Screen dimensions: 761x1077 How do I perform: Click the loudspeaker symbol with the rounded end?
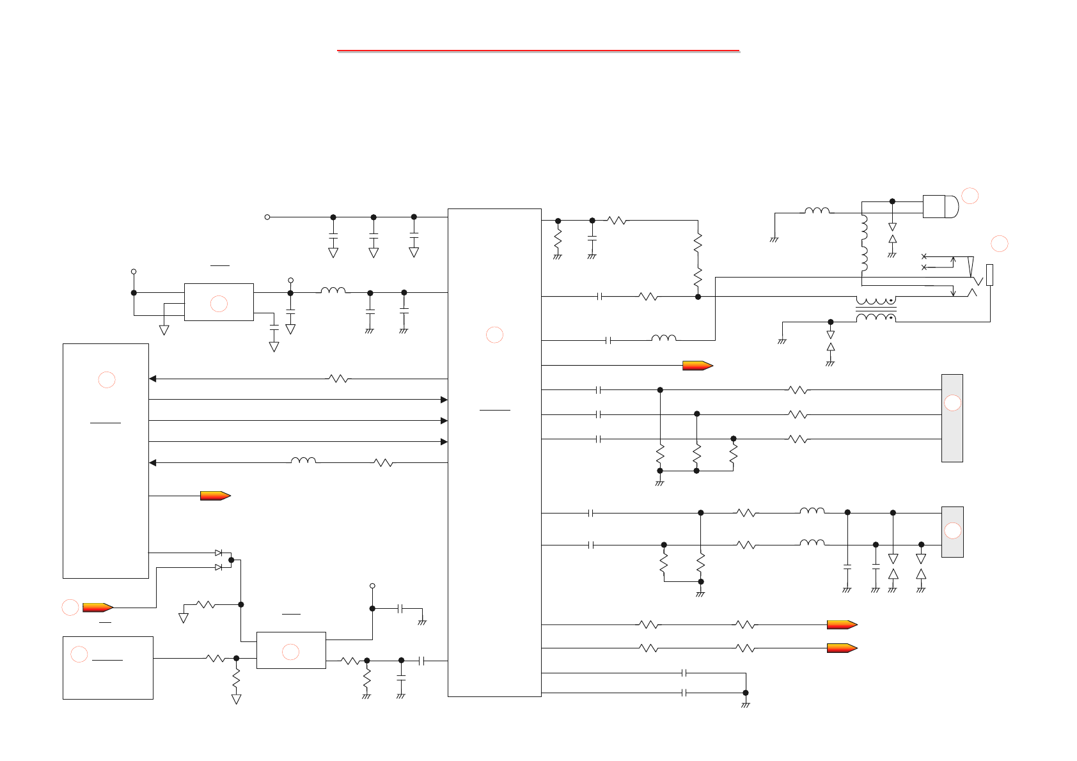(x=940, y=207)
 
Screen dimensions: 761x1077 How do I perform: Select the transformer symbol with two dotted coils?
(x=876, y=310)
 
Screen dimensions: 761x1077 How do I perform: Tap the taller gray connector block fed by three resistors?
(x=952, y=418)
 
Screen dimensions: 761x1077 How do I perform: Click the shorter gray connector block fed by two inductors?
(x=952, y=531)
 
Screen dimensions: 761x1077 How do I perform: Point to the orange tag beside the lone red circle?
(x=98, y=608)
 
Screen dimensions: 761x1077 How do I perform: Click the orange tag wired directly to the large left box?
(x=215, y=496)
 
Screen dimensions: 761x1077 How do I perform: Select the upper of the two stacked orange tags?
(x=842, y=625)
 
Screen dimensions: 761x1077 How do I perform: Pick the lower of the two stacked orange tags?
(x=842, y=648)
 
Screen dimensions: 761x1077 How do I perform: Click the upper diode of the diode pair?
(x=219, y=553)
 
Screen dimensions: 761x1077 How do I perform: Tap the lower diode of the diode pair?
(x=219, y=567)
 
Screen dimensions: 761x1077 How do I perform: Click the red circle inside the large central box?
(x=494, y=334)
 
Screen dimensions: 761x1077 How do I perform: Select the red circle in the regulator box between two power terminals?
(x=219, y=304)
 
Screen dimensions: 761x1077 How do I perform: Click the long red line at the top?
(x=538, y=50)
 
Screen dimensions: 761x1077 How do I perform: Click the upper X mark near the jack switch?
(x=924, y=256)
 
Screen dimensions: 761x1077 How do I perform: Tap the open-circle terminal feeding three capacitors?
(x=267, y=217)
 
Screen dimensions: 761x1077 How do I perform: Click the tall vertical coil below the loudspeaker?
(x=864, y=243)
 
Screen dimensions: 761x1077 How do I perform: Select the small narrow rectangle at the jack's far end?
(x=989, y=275)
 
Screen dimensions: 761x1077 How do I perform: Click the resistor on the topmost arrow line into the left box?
(x=339, y=379)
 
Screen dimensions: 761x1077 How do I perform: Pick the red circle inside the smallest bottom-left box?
(x=79, y=654)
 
